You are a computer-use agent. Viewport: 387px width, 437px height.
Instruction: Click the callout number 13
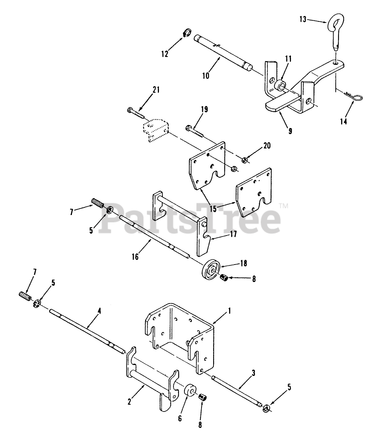pos(303,19)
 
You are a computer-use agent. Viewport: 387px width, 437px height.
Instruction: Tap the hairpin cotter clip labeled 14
pos(353,96)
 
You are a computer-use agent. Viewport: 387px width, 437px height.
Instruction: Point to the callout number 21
pos(156,90)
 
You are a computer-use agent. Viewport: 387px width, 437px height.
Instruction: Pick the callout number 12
pos(165,54)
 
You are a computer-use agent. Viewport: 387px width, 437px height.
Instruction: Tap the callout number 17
pos(233,234)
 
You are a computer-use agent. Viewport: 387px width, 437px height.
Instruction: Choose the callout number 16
pos(135,257)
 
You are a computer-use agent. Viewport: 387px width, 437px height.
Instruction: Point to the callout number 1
pos(230,311)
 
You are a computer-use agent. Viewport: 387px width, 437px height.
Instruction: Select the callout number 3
pos(253,373)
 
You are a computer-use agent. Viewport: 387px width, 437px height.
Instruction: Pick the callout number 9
pos(290,131)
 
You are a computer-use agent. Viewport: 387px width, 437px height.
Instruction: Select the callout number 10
pos(206,76)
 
